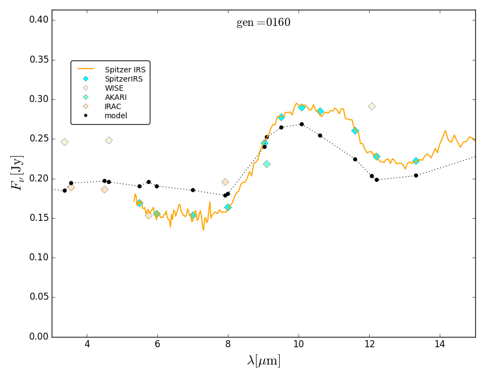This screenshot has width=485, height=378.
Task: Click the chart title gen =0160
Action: [x=263, y=23]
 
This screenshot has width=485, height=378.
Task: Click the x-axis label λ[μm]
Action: [x=264, y=361]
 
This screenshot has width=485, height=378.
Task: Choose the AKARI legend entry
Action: [x=115, y=97]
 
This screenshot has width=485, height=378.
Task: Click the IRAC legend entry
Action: [x=113, y=106]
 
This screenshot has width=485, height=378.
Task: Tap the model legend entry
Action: [x=115, y=116]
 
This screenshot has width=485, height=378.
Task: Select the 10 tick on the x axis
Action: [x=299, y=345]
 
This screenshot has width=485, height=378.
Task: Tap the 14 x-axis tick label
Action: [x=440, y=345]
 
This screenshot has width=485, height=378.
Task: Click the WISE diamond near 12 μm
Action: [x=372, y=106]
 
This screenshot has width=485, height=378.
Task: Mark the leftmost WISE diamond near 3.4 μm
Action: [x=65, y=142]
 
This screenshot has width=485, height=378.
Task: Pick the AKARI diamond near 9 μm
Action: [x=267, y=164]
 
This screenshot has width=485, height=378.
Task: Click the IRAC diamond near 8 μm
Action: [x=225, y=182]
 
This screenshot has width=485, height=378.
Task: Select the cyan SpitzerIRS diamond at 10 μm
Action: [x=302, y=107]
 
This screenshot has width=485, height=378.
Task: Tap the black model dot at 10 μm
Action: [x=302, y=124]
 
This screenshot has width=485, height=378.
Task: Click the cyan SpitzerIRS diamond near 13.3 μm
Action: [x=415, y=161]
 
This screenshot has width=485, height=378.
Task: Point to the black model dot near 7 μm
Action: [x=193, y=190]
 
